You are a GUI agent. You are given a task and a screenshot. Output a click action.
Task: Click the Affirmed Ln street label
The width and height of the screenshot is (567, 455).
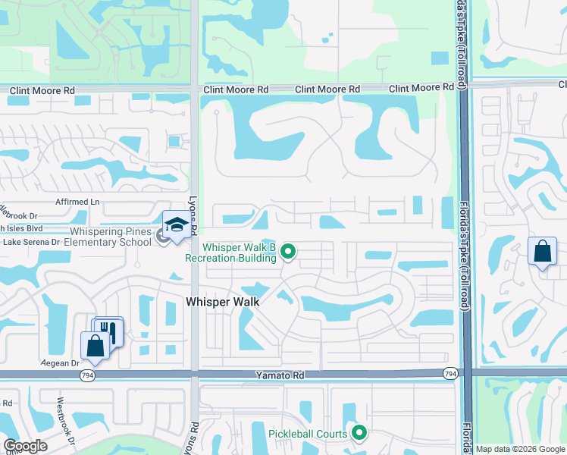tap(78, 202)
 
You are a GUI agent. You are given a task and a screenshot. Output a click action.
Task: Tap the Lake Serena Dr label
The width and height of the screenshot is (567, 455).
tap(31, 242)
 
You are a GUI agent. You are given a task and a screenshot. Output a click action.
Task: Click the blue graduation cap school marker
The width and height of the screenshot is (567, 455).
tap(177, 225)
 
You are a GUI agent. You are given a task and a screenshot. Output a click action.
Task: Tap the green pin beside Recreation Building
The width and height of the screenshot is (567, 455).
tap(287, 250)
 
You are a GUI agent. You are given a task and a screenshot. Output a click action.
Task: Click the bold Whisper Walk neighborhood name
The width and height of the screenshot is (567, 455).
tap(223, 302)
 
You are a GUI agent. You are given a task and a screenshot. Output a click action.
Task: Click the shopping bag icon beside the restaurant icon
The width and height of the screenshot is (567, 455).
tap(96, 346)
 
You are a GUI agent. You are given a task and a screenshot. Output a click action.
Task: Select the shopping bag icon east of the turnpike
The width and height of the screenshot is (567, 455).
tap(543, 252)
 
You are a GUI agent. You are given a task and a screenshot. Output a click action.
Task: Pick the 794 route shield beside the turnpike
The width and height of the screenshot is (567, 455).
tap(450, 373)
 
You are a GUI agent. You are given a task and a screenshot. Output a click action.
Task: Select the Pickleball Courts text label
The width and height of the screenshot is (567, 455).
tap(308, 434)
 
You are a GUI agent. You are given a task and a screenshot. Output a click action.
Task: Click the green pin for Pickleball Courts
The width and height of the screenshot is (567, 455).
tap(359, 433)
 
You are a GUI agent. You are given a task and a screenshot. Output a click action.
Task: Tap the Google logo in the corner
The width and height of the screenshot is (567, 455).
tap(24, 446)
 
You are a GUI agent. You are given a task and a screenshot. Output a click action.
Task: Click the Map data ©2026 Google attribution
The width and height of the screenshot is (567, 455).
tap(520, 449)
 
